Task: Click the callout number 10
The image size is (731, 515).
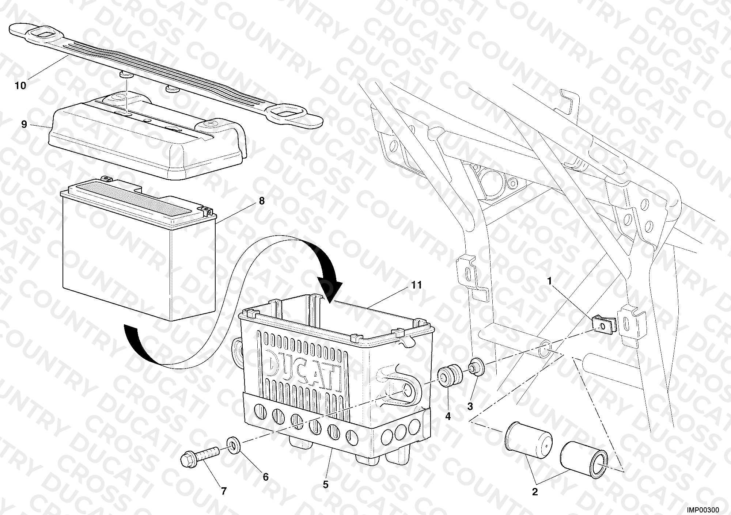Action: pyautogui.click(x=20, y=86)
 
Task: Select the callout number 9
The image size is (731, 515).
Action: pyautogui.click(x=24, y=125)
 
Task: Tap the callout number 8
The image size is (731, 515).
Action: pyautogui.click(x=261, y=201)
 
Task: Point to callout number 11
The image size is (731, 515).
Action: pyautogui.click(x=416, y=285)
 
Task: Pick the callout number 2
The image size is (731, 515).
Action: pyautogui.click(x=535, y=492)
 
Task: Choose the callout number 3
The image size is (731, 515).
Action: pyautogui.click(x=470, y=406)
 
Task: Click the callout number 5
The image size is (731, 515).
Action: pyautogui.click(x=326, y=485)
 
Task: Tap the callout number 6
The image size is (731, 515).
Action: pyautogui.click(x=266, y=477)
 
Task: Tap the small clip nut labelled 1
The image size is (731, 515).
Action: pyautogui.click(x=603, y=324)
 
